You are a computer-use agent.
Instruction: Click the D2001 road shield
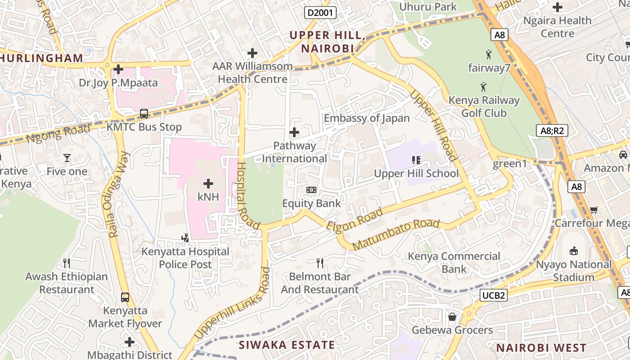[x=320, y=12]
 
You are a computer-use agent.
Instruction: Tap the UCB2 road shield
[x=494, y=295]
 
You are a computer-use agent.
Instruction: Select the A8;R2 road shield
[x=553, y=131]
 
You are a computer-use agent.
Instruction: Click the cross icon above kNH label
[x=208, y=183]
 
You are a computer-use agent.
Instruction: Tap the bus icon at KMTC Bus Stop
[x=144, y=114]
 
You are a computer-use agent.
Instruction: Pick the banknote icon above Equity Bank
[x=311, y=190]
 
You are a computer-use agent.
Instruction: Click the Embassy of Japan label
[x=367, y=118]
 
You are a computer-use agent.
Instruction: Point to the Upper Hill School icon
[x=416, y=160]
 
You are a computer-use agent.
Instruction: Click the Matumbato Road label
[x=396, y=234]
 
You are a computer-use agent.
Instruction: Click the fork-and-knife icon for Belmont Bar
[x=320, y=263]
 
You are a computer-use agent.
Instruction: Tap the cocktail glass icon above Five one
[x=67, y=158]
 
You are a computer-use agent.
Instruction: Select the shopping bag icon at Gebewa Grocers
[x=452, y=317]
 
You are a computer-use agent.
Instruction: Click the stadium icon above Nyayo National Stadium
[x=574, y=251]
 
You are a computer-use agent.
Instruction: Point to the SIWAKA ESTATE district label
[x=287, y=345]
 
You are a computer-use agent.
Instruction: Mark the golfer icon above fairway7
[x=489, y=55]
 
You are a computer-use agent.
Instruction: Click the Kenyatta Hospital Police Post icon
[x=185, y=238]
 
